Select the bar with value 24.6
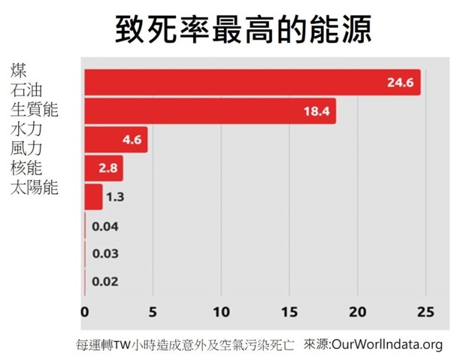click(x=252, y=83)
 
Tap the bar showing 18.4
click(x=210, y=111)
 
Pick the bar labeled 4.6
click(x=116, y=140)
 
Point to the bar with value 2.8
click(x=103, y=168)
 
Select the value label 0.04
click(x=105, y=226)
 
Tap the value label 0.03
click(x=105, y=254)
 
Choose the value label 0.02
click(x=105, y=283)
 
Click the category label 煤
click(x=19, y=71)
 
